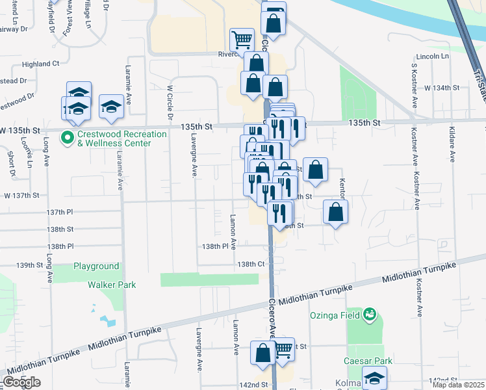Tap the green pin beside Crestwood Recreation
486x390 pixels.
click(66, 138)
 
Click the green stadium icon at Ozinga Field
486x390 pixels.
click(370, 315)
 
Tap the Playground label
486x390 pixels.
click(96, 266)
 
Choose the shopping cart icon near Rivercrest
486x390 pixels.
click(242, 39)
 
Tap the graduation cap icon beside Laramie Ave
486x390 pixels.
click(112, 105)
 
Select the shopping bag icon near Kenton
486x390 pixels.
click(336, 212)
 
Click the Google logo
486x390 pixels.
click(22, 382)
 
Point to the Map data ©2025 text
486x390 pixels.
click(457, 385)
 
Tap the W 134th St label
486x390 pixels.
click(441, 87)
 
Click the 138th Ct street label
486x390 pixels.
click(251, 265)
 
